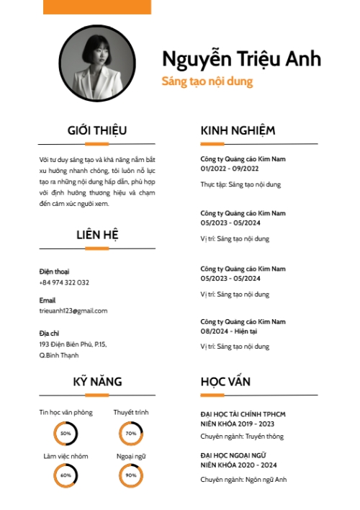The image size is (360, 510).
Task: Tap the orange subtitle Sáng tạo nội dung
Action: (x=207, y=81)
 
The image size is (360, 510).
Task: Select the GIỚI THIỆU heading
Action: (x=97, y=130)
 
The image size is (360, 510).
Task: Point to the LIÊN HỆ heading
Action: (x=97, y=235)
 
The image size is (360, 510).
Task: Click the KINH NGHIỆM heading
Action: (x=238, y=130)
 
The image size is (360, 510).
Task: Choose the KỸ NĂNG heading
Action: (x=97, y=382)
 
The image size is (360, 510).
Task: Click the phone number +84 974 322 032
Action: (x=64, y=282)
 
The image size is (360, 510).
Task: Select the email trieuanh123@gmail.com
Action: (x=73, y=310)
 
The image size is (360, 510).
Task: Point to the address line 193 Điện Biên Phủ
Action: (x=73, y=344)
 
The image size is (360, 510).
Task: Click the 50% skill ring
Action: (x=66, y=434)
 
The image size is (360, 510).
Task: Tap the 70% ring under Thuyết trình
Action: (x=131, y=434)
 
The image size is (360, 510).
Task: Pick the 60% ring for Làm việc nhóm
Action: (x=66, y=475)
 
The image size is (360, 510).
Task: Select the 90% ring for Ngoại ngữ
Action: (x=131, y=475)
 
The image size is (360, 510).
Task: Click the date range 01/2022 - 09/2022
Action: (x=230, y=168)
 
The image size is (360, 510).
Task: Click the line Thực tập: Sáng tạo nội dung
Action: (x=240, y=184)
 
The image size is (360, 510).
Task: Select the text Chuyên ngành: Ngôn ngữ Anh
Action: (x=243, y=480)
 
